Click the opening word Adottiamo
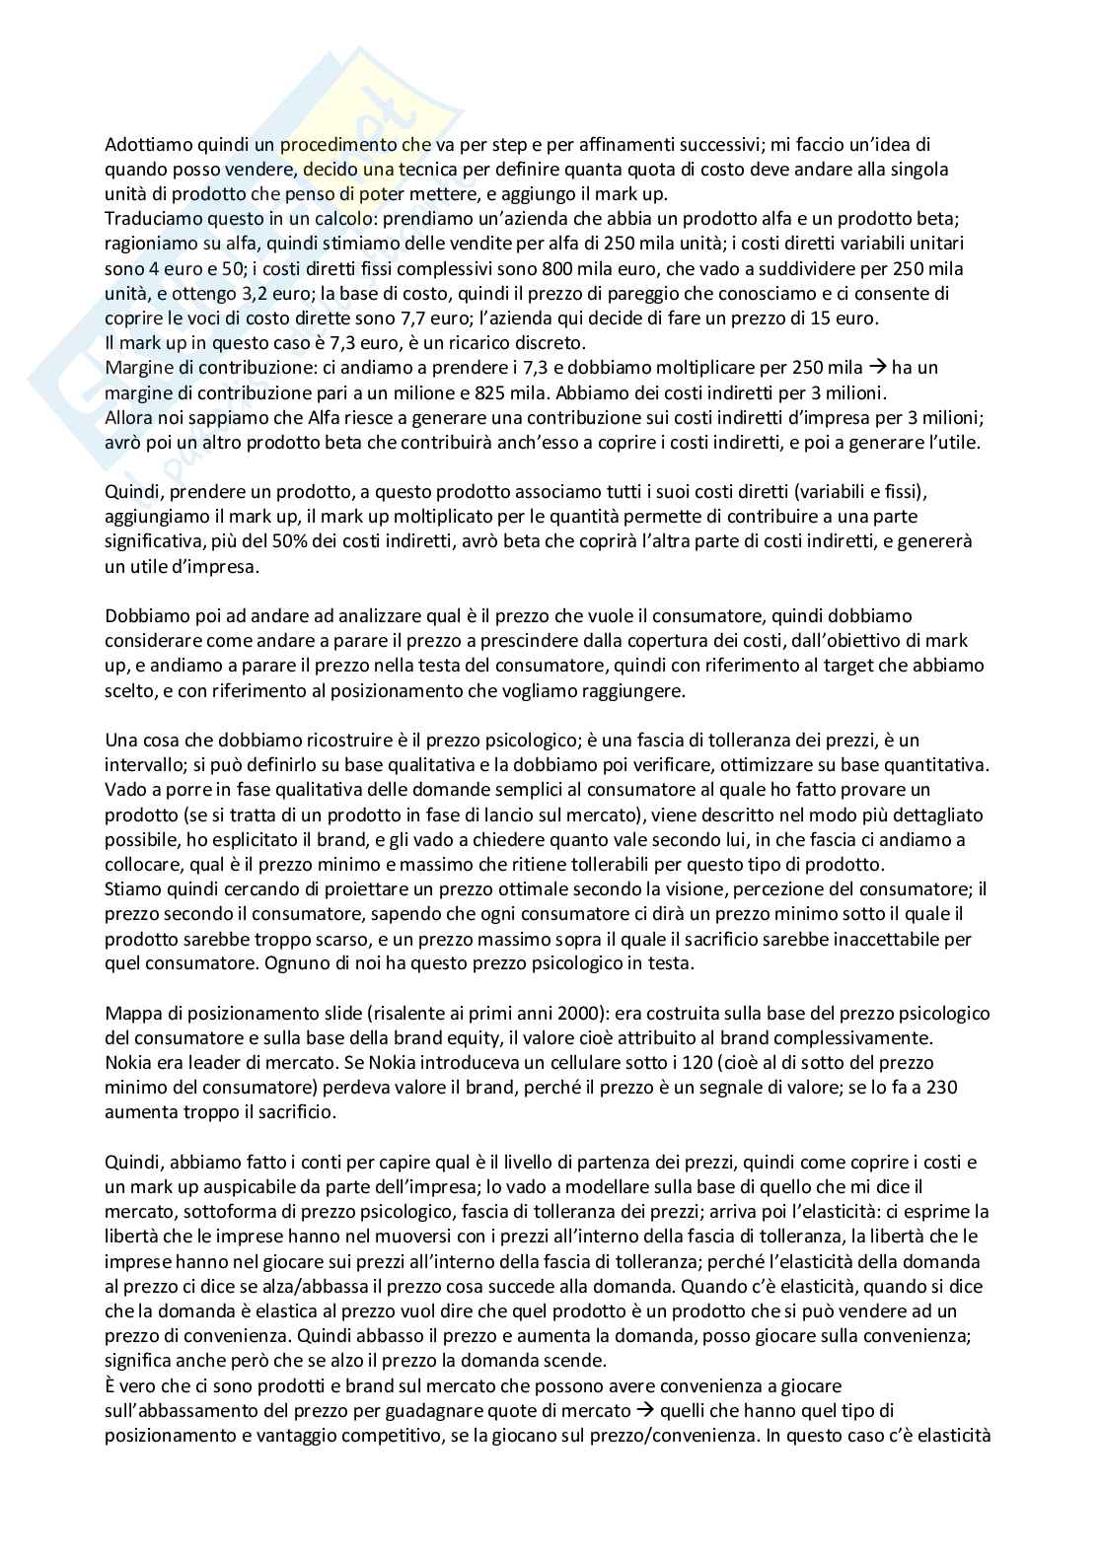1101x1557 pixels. coord(143,145)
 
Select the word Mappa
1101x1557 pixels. coord(129,1013)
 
